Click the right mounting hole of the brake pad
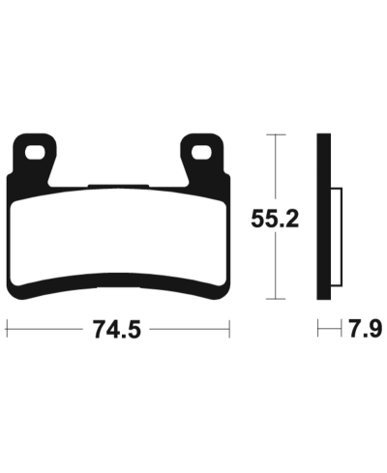click(x=202, y=153)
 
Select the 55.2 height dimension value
click(x=274, y=218)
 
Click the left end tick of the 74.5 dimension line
click(x=7, y=331)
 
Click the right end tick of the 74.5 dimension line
click(x=230, y=331)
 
